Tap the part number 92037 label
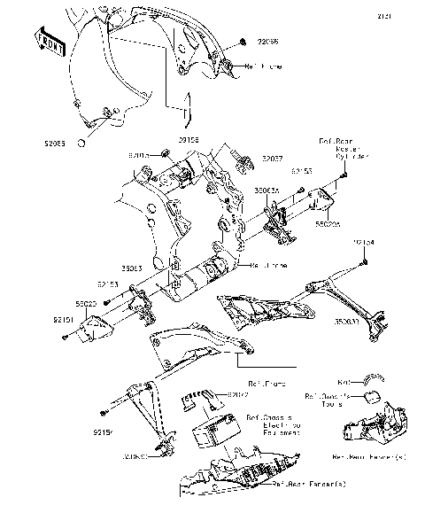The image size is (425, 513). click(x=273, y=159)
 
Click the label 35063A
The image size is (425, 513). click(x=267, y=190)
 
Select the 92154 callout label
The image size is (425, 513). click(x=364, y=241)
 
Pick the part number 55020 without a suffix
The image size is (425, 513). click(x=86, y=304)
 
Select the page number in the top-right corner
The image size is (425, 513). click(x=408, y=16)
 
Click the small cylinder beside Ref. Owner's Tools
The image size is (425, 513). click(x=372, y=395)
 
